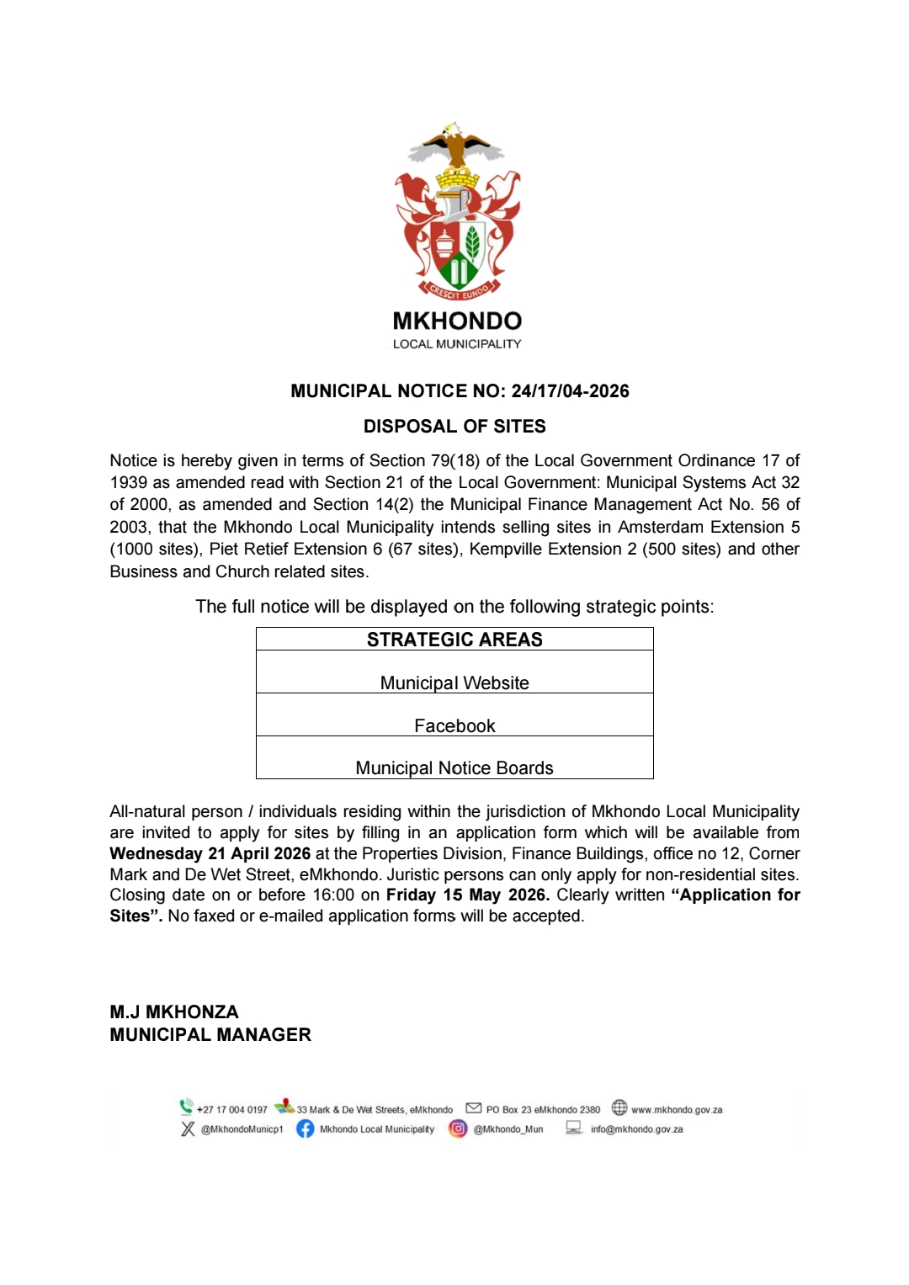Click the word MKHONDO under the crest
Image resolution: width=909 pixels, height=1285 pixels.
457,321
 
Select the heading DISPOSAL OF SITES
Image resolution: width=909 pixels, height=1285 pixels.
454,427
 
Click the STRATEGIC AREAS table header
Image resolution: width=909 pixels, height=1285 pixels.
454,640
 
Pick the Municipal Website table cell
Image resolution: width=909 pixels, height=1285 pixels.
454,682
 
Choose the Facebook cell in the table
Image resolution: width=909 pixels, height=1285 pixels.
454,725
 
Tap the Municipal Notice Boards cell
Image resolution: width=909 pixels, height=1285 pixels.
454,767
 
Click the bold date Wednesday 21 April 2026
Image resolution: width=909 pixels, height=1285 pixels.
210,853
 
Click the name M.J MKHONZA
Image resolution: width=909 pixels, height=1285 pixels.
174,1012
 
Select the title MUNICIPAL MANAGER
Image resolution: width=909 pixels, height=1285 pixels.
210,1034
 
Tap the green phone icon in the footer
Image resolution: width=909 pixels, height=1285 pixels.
186,1107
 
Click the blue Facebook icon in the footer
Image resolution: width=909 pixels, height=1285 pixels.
305,1128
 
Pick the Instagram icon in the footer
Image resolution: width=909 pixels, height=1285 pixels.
458,1128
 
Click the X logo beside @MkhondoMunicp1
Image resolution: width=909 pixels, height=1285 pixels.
188,1128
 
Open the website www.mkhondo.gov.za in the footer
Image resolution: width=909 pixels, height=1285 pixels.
677,1109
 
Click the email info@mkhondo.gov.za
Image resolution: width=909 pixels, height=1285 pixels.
636,1129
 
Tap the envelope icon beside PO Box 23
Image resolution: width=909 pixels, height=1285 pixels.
474,1107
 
